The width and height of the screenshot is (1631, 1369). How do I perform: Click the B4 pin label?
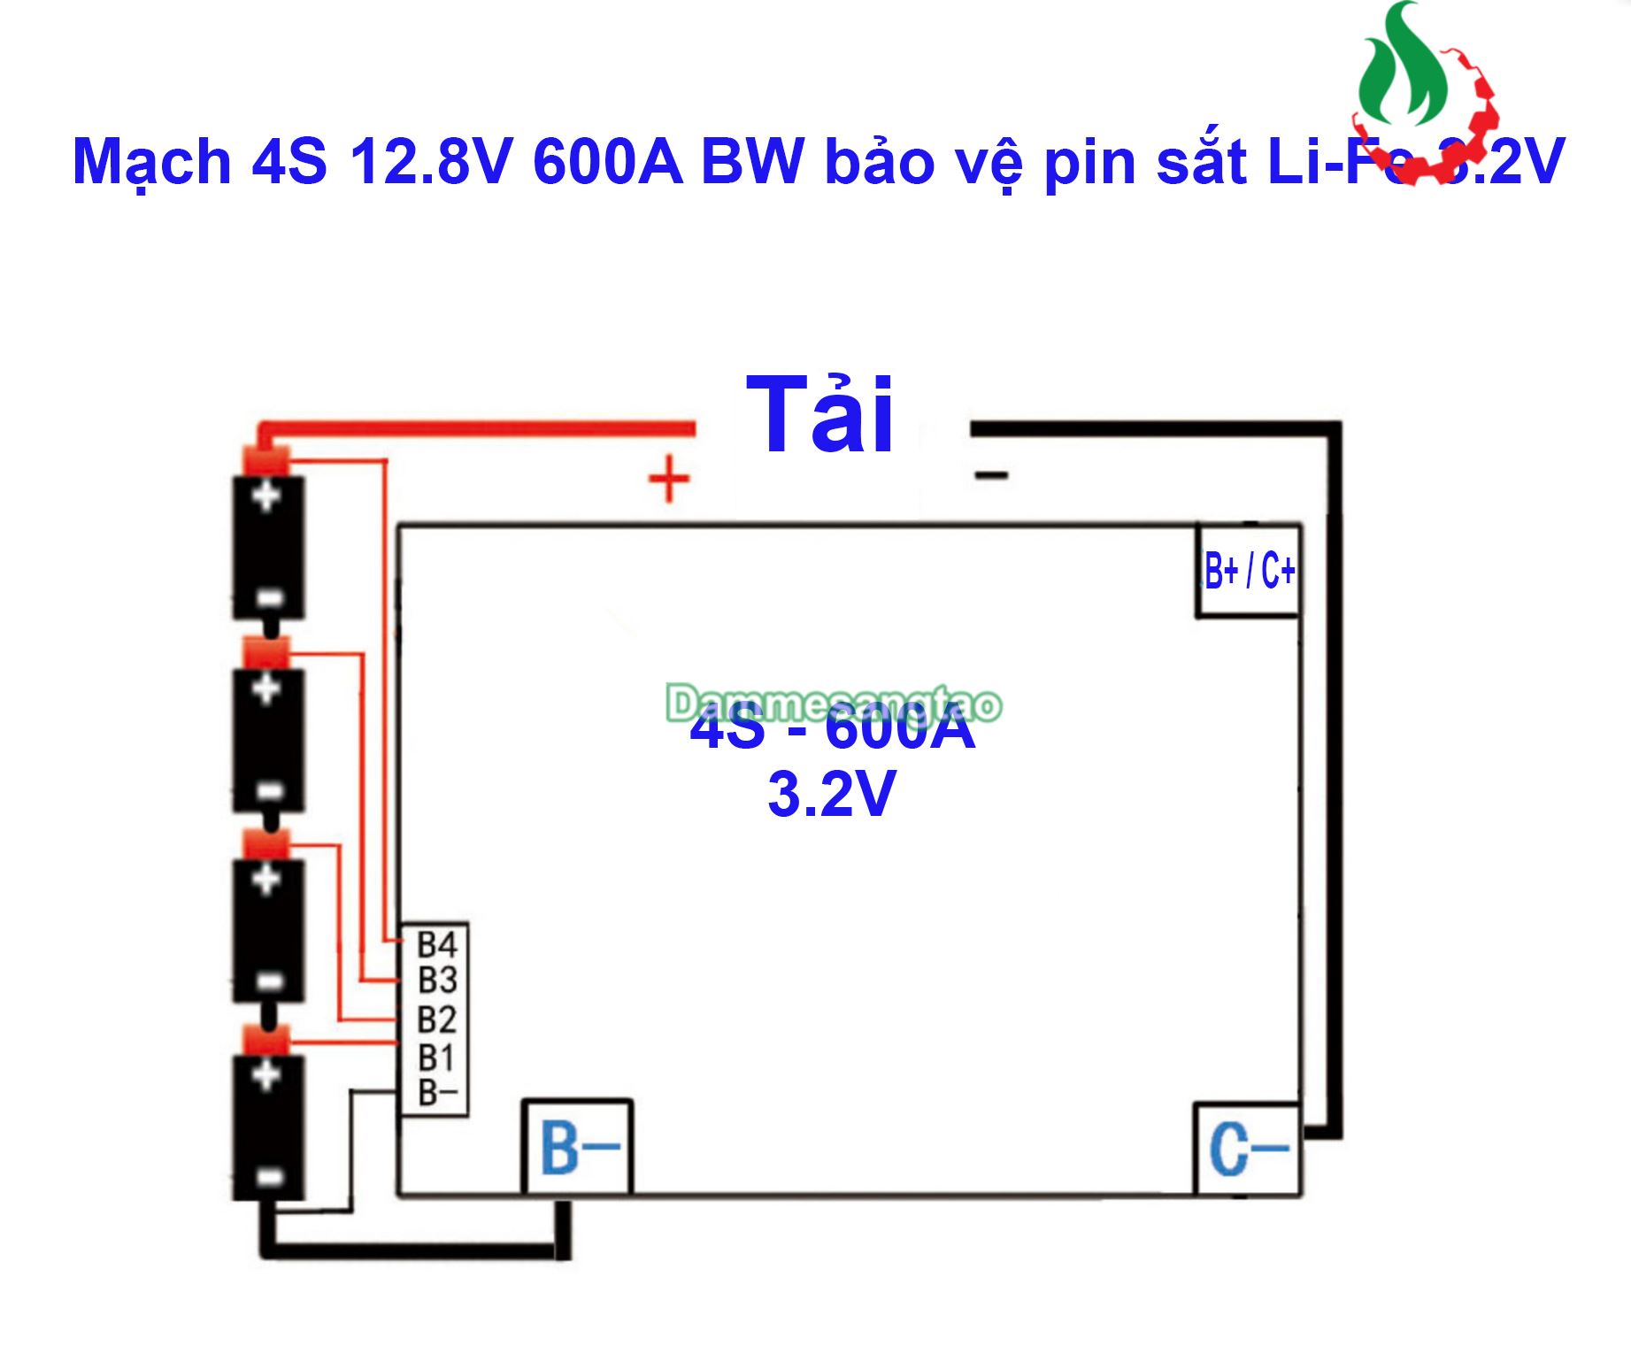point(437,944)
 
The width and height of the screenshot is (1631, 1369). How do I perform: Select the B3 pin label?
point(437,981)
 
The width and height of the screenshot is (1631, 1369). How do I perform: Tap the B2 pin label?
point(437,1019)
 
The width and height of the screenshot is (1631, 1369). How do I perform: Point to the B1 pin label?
point(436,1058)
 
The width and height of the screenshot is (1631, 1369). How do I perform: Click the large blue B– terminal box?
point(578,1148)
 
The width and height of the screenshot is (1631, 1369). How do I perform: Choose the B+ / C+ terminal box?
point(1249,571)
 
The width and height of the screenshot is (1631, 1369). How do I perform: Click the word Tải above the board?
point(820,414)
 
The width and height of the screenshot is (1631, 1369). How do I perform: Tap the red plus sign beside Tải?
point(669,480)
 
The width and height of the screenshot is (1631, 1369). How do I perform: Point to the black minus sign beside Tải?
point(991,476)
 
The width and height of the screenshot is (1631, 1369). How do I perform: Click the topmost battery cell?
point(268,547)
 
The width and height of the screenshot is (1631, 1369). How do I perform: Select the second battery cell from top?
point(268,740)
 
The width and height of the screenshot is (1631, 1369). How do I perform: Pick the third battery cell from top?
point(268,930)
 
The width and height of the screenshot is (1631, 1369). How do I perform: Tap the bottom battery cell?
point(268,1126)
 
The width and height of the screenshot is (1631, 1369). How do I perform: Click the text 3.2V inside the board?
point(832,794)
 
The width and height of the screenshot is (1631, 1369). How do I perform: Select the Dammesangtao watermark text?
point(834,704)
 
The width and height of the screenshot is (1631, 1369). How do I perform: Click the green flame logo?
point(1403,66)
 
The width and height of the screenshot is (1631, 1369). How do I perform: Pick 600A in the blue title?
point(608,162)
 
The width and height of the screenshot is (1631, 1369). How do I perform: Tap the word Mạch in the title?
point(152,162)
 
